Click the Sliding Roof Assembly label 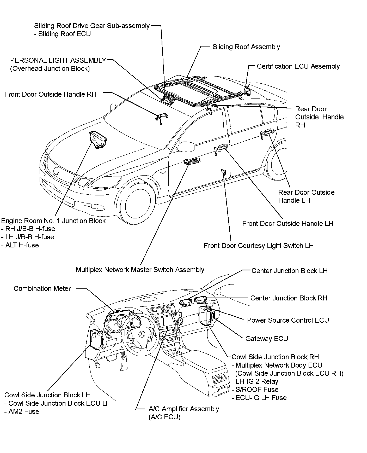[246, 47]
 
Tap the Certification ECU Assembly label [298, 66]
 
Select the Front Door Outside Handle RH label [50, 94]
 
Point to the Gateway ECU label [267, 339]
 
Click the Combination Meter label [42, 289]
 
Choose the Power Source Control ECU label [288, 320]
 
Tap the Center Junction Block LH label [289, 271]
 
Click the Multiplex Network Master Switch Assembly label [140, 270]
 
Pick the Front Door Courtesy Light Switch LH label [259, 246]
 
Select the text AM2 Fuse [24, 411]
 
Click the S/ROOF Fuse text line [257, 390]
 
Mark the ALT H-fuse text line [22, 245]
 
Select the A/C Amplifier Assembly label [184, 409]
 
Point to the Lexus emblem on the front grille [56, 171]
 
